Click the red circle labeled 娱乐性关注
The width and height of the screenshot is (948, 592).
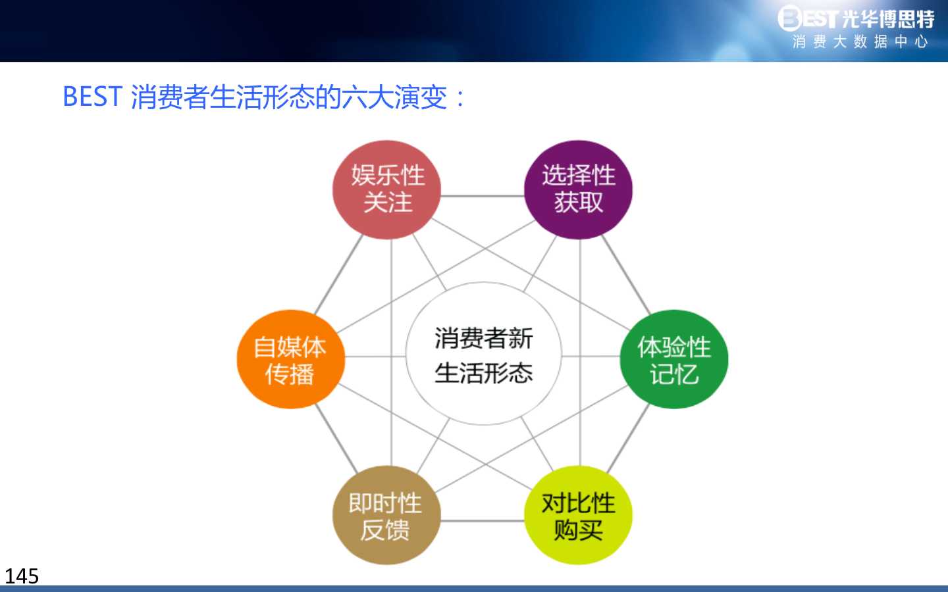pos(386,189)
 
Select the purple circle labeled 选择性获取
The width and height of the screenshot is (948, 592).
pos(578,189)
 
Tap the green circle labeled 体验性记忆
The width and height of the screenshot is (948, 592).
pos(674,359)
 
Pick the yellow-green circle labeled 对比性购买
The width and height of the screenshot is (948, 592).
pos(578,515)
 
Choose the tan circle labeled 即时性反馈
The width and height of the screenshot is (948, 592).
pos(386,515)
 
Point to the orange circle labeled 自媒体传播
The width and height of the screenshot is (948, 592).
pos(291,359)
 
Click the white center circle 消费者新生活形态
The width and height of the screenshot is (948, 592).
pos(483,353)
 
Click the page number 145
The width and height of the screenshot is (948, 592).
pos(22,576)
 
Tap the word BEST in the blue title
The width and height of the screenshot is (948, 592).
pos(93,97)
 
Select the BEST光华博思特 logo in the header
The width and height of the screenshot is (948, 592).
pos(856,18)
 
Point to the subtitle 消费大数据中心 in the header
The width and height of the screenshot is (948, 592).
pos(860,42)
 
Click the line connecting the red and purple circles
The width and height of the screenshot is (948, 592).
pos(483,196)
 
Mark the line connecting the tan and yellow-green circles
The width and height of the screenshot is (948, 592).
pos(483,520)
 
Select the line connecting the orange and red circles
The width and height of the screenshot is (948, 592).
pos(338,274)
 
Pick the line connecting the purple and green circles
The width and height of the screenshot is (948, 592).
pos(626,275)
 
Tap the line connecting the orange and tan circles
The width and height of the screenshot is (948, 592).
pos(336,438)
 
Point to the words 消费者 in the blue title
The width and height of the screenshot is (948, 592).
pos(170,97)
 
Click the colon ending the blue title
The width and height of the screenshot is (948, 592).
pos(460,98)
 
